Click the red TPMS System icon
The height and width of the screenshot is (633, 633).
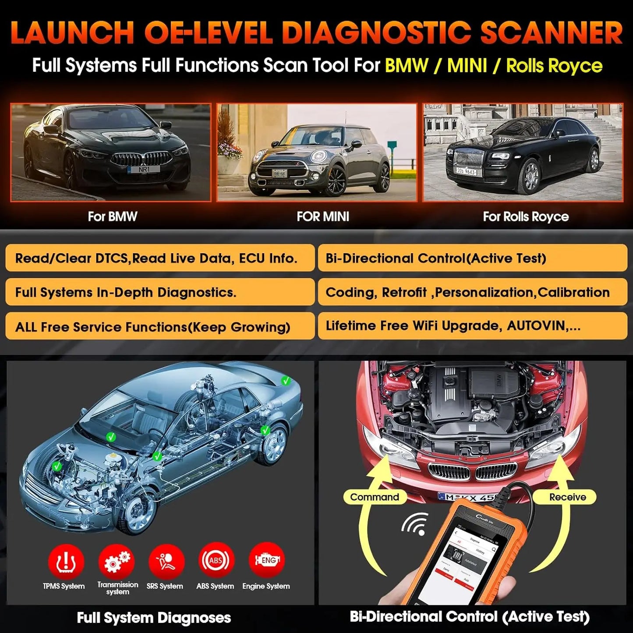[x=66, y=561]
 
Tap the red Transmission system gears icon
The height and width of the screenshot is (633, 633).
[x=117, y=561]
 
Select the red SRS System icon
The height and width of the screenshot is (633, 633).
[x=166, y=561]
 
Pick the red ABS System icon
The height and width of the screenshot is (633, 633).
[x=216, y=560]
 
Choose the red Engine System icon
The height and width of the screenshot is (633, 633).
[x=266, y=560]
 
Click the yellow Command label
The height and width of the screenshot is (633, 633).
[x=375, y=497]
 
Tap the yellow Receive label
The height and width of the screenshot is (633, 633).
[x=567, y=497]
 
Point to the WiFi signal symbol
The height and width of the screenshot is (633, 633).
[x=416, y=524]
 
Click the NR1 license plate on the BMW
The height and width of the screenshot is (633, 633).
[x=144, y=169]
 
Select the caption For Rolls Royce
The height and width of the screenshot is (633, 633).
[x=526, y=217]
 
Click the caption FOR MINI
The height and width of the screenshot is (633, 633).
[x=323, y=217]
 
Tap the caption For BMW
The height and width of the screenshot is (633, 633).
[x=113, y=217]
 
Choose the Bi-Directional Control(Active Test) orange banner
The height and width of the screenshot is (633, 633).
[x=472, y=258]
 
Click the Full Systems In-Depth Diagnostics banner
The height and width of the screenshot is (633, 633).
[x=160, y=292]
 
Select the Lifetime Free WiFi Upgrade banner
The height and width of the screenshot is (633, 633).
[x=472, y=326]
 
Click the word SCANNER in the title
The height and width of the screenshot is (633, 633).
[x=551, y=33]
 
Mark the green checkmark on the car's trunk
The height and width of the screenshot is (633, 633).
[x=286, y=381]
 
